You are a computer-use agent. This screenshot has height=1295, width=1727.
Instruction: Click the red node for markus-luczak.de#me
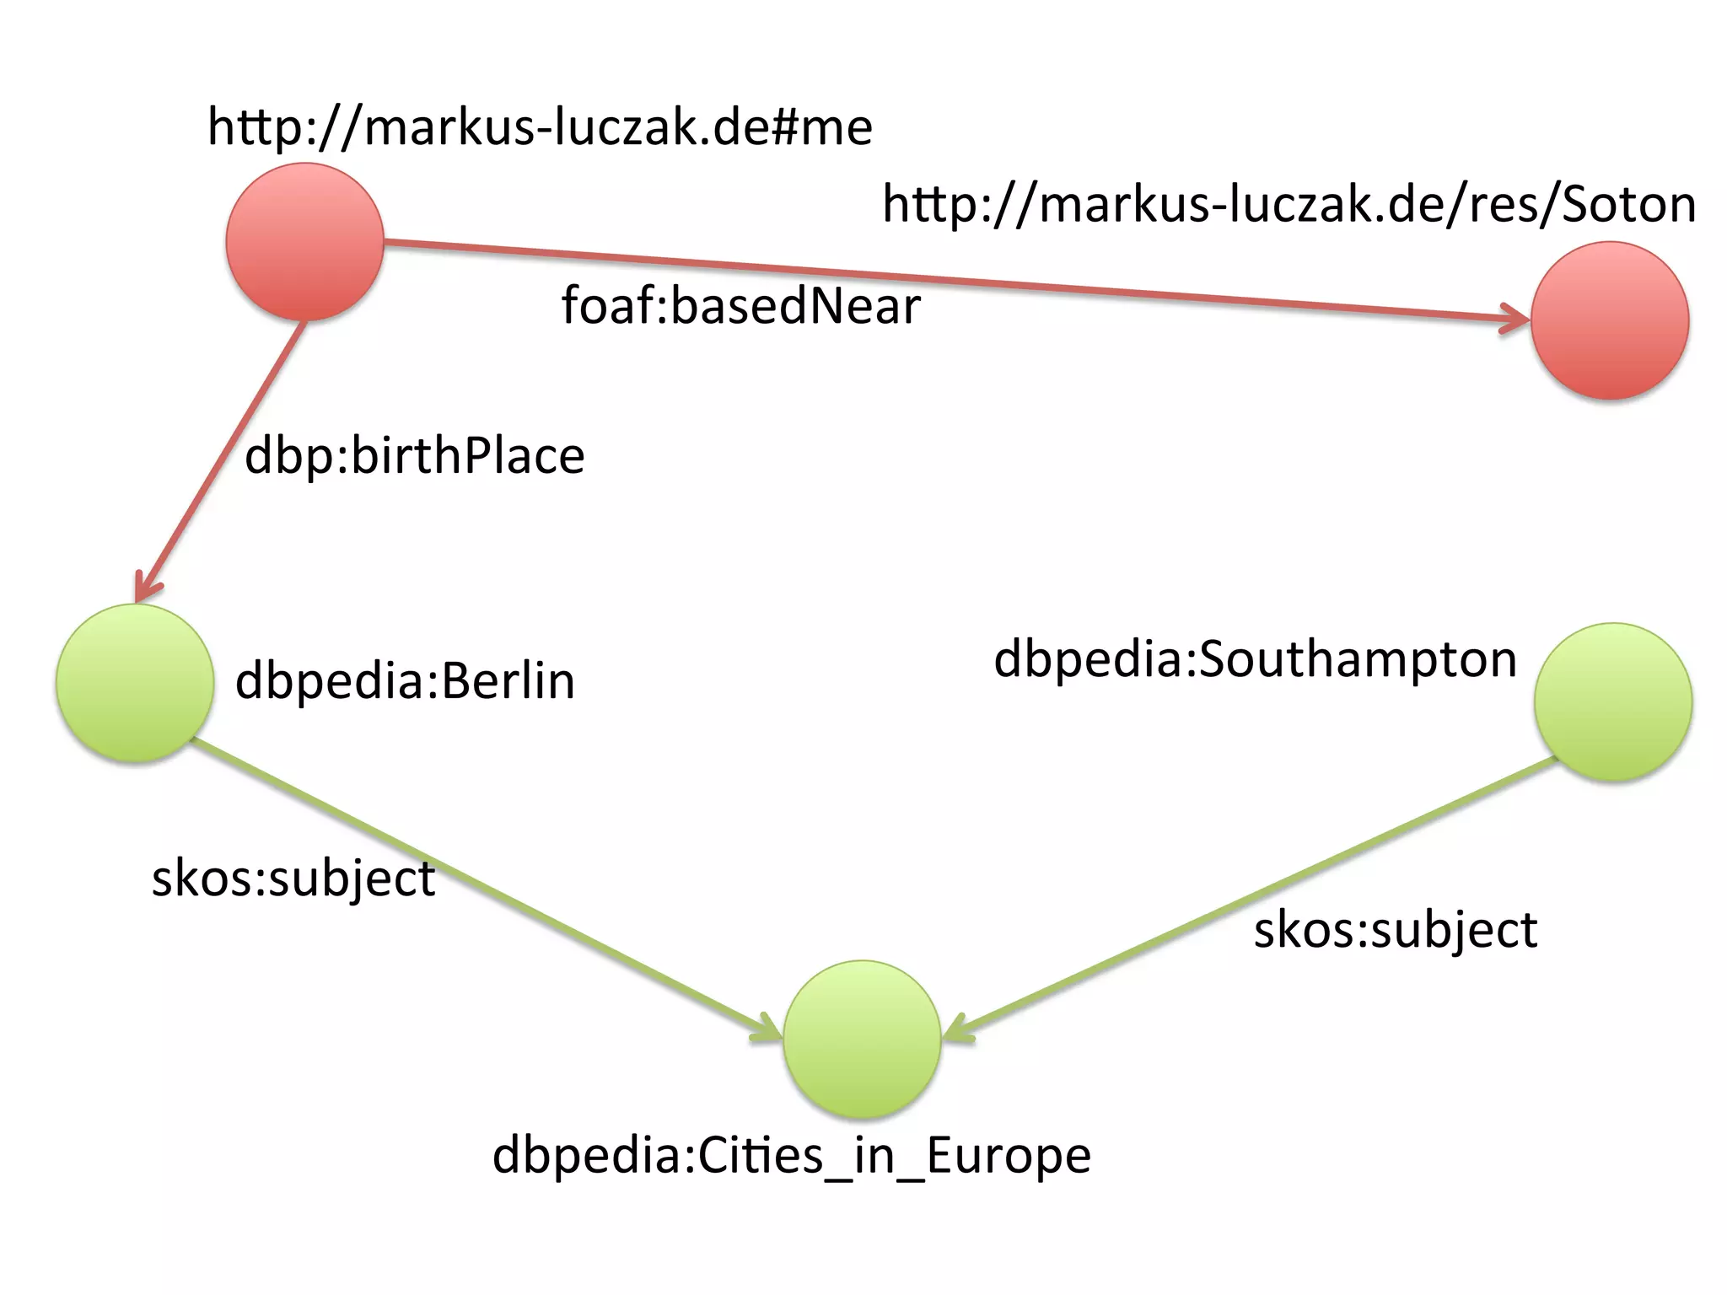[304, 242]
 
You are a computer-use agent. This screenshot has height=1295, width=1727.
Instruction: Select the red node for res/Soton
[1609, 320]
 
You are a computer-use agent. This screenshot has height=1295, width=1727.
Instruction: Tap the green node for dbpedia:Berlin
[135, 683]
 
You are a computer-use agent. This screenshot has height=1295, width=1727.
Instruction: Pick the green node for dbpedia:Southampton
[1612, 701]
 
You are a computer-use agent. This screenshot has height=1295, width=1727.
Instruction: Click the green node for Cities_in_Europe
[862, 1039]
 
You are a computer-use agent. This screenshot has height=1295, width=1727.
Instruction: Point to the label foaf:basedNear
[740, 305]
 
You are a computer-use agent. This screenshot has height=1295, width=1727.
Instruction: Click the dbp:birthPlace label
[414, 456]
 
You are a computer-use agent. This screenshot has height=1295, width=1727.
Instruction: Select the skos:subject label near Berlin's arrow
[293, 879]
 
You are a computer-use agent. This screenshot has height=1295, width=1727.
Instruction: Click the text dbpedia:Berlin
[405, 681]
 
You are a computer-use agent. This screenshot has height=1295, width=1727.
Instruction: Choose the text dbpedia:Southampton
[1255, 659]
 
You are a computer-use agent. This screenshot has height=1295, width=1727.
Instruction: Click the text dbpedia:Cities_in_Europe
[791, 1155]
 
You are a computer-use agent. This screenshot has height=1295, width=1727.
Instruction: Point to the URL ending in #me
[540, 128]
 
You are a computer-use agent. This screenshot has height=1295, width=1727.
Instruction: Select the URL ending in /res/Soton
[1289, 205]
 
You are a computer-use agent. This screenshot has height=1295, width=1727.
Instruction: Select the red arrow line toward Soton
[928, 279]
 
